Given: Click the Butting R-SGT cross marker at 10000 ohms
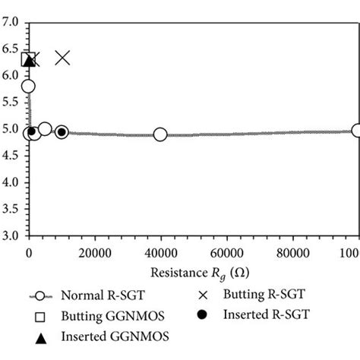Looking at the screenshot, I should pyautogui.click(x=62, y=58).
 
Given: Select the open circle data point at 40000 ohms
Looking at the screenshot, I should pyautogui.click(x=160, y=134).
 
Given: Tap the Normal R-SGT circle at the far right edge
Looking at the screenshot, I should pyautogui.click(x=356, y=131).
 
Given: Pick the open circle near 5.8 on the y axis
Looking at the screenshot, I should pyautogui.click(x=29, y=87).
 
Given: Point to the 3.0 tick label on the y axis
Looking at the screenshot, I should pyautogui.click(x=11, y=236).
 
